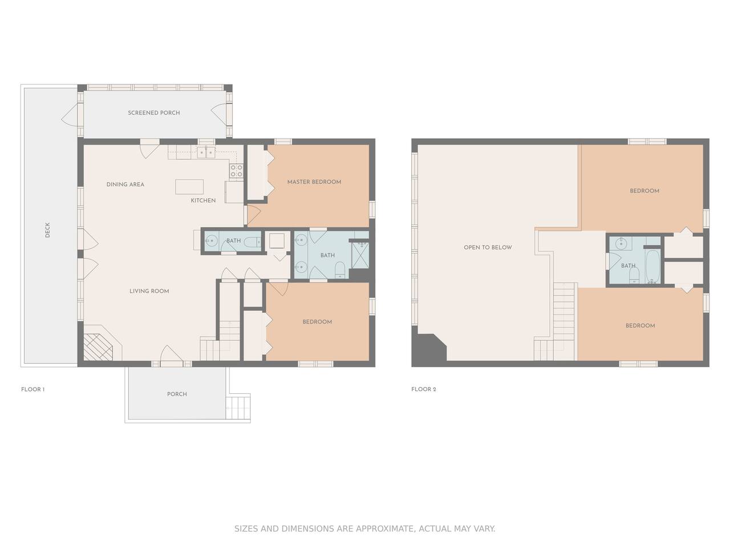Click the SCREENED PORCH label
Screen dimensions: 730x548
click(x=153, y=113)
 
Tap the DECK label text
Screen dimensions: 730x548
click(x=47, y=230)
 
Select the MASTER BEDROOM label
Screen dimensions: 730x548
click(x=314, y=182)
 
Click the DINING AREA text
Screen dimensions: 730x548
click(x=125, y=184)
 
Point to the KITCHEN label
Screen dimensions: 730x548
click(x=203, y=200)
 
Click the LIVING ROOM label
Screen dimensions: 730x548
click(x=149, y=291)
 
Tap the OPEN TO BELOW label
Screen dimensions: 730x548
click(x=488, y=247)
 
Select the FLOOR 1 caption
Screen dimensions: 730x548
click(x=33, y=389)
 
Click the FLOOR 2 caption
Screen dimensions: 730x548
click(x=423, y=389)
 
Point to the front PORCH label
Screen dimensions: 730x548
click(x=177, y=394)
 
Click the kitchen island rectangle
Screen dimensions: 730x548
click(x=189, y=187)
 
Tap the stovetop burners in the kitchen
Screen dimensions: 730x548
click(x=236, y=171)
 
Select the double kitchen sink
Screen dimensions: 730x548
click(x=206, y=152)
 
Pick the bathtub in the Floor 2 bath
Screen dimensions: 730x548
click(x=652, y=266)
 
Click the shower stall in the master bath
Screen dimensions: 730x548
click(x=360, y=255)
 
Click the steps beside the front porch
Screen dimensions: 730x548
click(x=238, y=407)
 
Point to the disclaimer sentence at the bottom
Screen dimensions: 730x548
click(x=365, y=529)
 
